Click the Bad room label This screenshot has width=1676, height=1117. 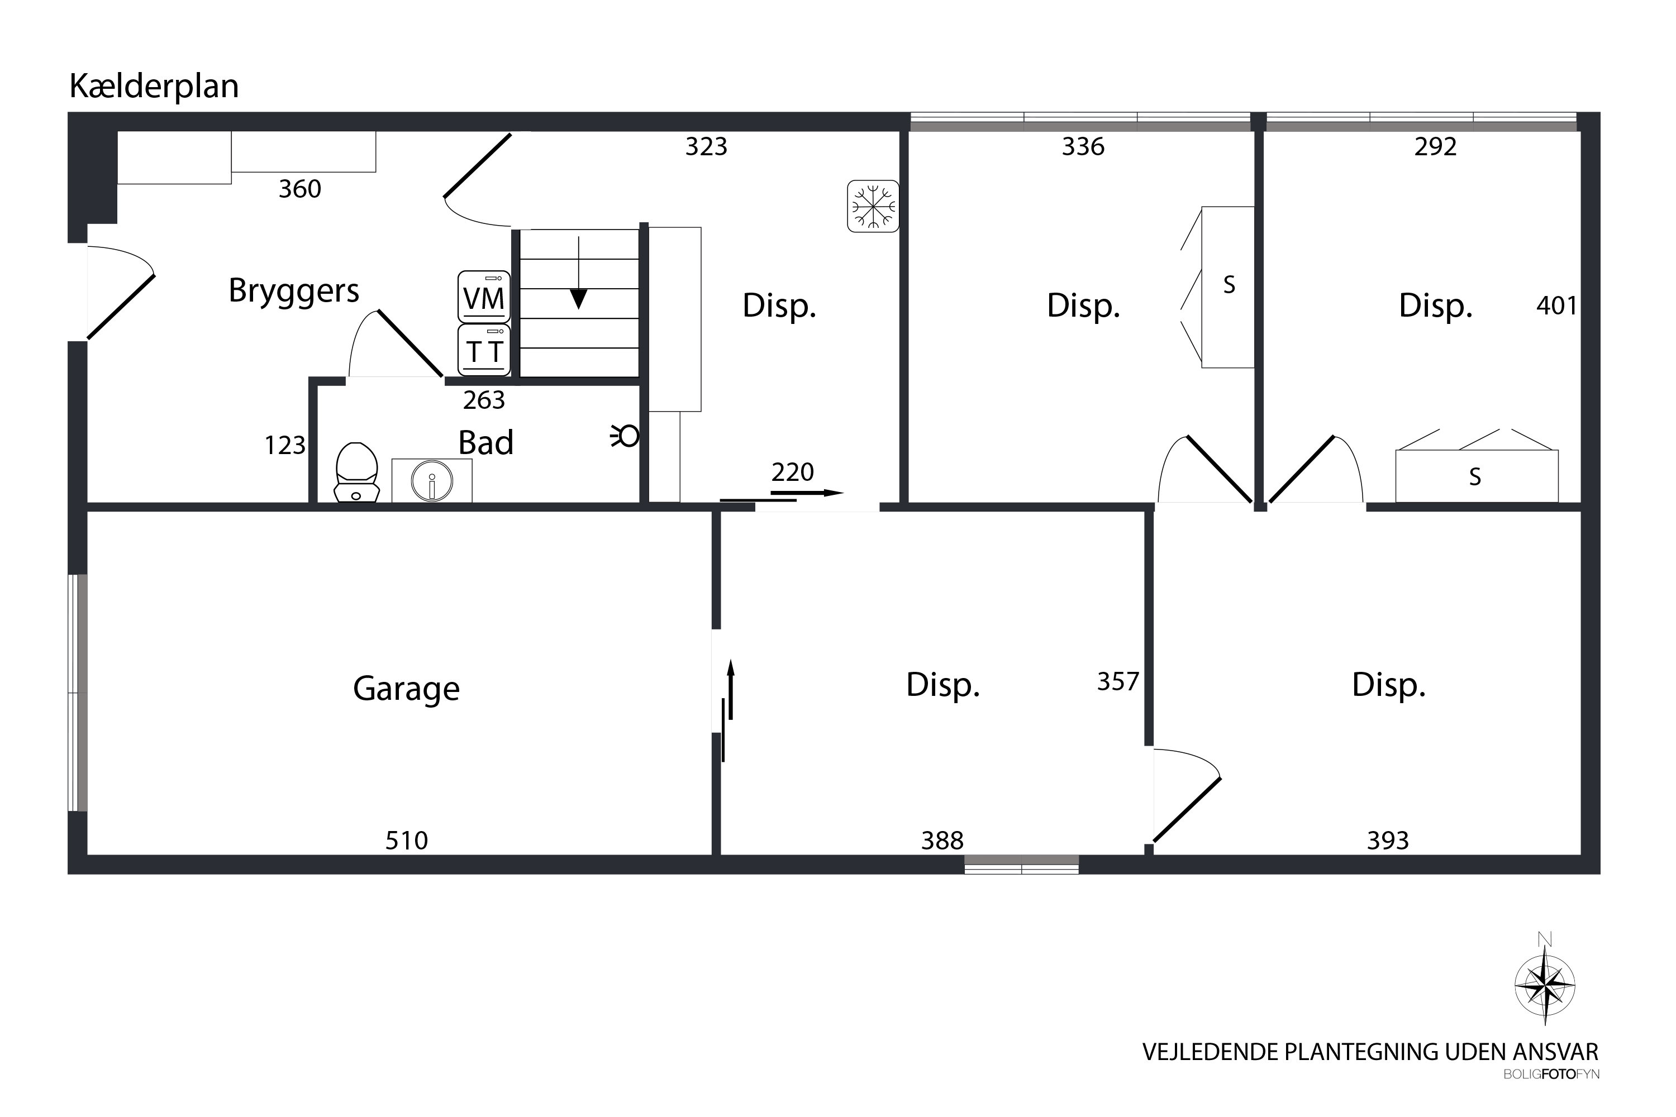coord(486,442)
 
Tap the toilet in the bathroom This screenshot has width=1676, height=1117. coord(356,472)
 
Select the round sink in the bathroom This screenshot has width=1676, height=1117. coord(432,481)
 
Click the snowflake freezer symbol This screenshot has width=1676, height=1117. coord(873,206)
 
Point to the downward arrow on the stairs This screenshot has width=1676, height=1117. coord(579,273)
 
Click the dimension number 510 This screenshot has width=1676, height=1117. coord(407,841)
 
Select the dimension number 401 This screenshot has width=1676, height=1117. coord(1557,305)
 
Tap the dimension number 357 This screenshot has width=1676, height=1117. coord(1118,682)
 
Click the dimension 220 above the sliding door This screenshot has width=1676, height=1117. coord(792,471)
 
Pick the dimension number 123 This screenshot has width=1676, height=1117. coord(285,445)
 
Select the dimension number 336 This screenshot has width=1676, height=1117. coord(1083,147)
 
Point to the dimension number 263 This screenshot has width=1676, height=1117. coord(484,400)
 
